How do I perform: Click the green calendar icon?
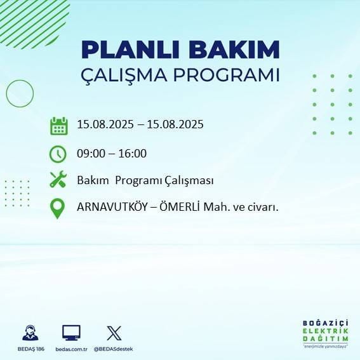pyautogui.click(x=58, y=126)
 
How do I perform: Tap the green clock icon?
pyautogui.click(x=58, y=154)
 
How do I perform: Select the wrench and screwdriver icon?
pyautogui.click(x=58, y=180)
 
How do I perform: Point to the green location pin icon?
pyautogui.click(x=58, y=209)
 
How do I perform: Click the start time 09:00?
pyautogui.click(x=90, y=153)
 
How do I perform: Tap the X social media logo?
pyautogui.click(x=114, y=333)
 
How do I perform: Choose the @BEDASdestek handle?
pyautogui.click(x=114, y=349)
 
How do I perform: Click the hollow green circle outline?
pyautogui.click(x=19, y=93)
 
